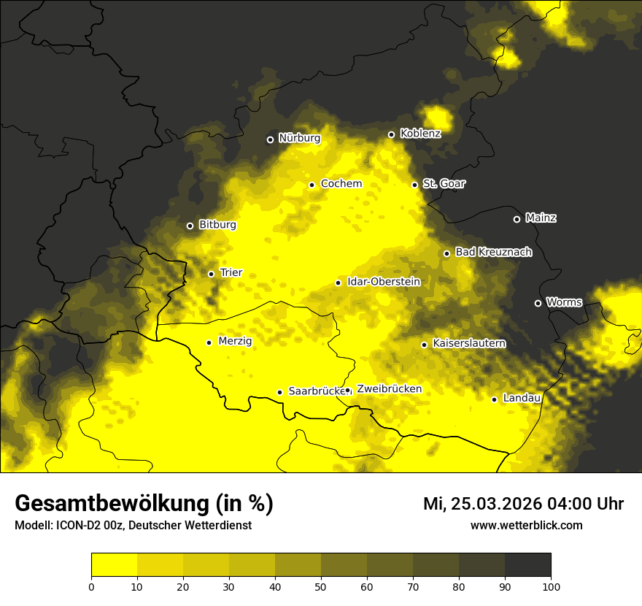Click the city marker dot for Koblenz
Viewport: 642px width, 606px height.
pos(391,134)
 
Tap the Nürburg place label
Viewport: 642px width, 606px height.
pos(299,138)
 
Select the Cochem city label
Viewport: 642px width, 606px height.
pos(341,184)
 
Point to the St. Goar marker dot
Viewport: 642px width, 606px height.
pos(414,185)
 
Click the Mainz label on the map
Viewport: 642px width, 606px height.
pos(541,218)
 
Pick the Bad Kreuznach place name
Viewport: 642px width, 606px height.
pos(493,252)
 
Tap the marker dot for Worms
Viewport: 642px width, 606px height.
pos(538,303)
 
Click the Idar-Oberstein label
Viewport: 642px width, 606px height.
pos(383,282)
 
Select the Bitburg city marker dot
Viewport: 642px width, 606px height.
pos(190,226)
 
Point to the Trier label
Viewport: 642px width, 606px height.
pos(231,273)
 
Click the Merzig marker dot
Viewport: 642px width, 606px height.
pos(209,342)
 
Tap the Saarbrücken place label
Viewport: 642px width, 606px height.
pos(316,391)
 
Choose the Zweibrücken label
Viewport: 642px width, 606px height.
pos(389,389)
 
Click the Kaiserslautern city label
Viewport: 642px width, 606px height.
pos(468,343)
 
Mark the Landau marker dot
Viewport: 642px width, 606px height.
pos(494,399)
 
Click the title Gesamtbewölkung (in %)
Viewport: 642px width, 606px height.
pos(144,504)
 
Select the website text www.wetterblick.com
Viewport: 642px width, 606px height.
pos(526,525)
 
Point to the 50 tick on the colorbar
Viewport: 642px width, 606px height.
pos(321,586)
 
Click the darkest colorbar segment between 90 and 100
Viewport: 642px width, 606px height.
pos(527,564)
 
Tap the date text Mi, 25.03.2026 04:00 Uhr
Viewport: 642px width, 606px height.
pos(523,504)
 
